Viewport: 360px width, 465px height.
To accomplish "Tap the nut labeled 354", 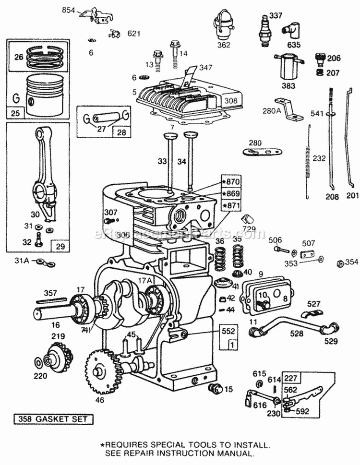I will [x=338, y=262].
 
